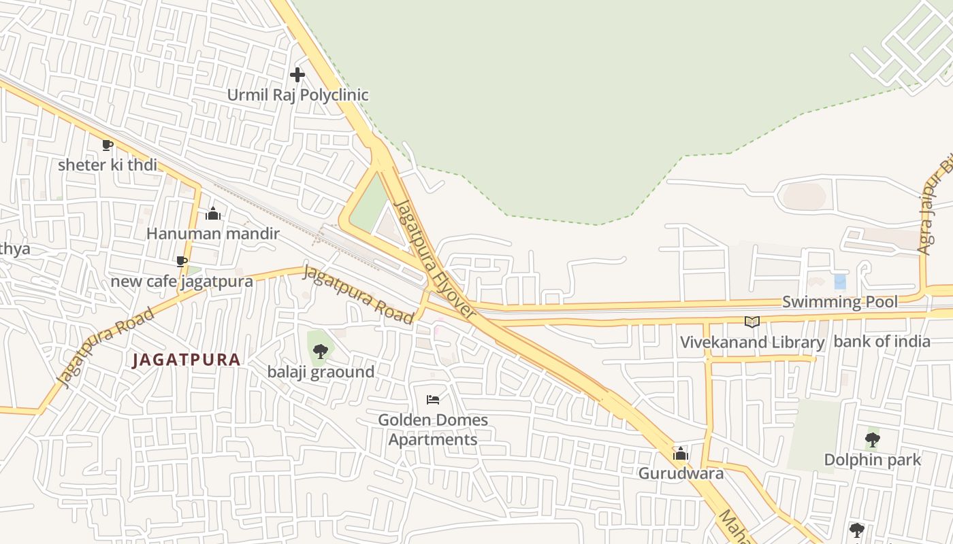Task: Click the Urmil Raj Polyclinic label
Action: (297, 95)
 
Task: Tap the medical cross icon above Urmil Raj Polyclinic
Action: (297, 75)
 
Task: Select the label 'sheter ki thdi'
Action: (108, 165)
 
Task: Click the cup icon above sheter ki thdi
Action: (108, 145)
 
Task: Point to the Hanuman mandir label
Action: (213, 234)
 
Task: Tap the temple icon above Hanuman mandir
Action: (213, 214)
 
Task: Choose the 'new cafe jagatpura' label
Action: (182, 281)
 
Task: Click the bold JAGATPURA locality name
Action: (187, 360)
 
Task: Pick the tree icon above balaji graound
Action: (321, 352)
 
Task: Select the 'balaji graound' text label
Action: (321, 372)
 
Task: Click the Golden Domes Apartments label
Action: (433, 430)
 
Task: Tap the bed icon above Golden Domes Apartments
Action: (433, 399)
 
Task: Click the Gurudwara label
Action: (681, 473)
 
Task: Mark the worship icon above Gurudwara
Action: (681, 454)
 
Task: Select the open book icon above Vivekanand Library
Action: (752, 322)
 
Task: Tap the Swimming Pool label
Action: (840, 302)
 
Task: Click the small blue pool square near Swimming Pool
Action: (840, 282)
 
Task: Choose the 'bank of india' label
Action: (882, 341)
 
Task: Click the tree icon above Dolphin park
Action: (872, 440)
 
